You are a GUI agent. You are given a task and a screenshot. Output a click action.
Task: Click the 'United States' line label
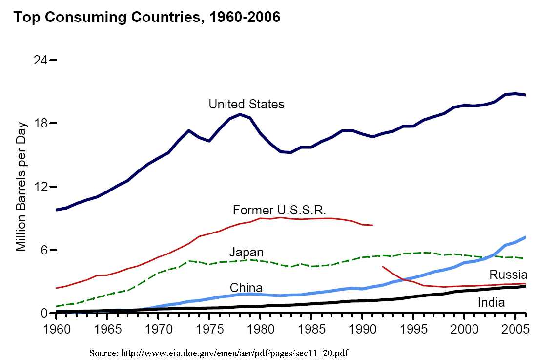click(x=246, y=104)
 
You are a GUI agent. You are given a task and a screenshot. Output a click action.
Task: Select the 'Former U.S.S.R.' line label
click(x=279, y=210)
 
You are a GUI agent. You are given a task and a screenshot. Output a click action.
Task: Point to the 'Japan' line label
click(x=246, y=253)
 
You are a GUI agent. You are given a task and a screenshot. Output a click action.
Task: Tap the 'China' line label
click(x=246, y=288)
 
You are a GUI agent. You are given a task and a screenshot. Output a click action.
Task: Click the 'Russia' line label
click(x=508, y=274)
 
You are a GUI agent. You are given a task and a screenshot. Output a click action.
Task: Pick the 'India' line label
click(x=491, y=302)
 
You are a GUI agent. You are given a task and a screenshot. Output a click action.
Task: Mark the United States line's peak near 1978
click(x=240, y=114)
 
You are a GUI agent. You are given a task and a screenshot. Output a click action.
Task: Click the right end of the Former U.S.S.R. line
click(x=372, y=225)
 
